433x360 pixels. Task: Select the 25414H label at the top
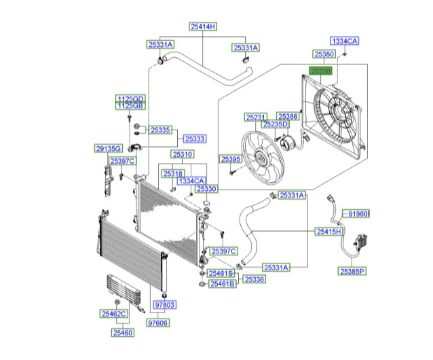[x=202, y=26]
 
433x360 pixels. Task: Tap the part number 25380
[x=324, y=54]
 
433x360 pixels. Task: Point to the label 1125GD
[x=129, y=98]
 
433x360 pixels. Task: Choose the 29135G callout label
[x=107, y=148]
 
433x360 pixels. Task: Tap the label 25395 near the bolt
[x=231, y=159]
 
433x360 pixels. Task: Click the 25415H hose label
[x=328, y=232]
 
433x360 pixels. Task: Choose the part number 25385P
[x=352, y=271]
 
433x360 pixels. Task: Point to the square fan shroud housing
[x=333, y=120]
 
